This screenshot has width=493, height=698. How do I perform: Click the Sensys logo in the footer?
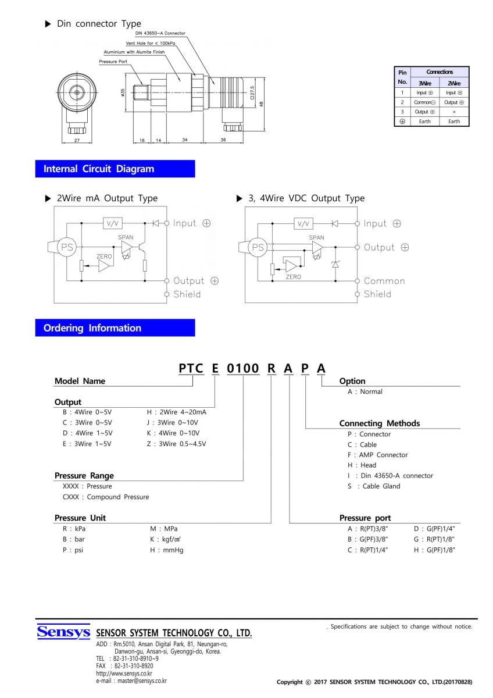click(x=63, y=632)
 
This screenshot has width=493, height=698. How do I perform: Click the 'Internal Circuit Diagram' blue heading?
click(x=115, y=169)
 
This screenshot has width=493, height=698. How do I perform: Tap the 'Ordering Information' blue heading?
click(x=115, y=327)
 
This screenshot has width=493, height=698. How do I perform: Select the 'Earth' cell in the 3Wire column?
click(x=424, y=121)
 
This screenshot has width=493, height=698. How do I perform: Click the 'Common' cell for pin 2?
click(x=424, y=102)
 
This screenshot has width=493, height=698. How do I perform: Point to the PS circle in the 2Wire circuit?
click(x=67, y=247)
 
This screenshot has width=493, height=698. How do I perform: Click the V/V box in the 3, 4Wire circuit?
click(x=303, y=223)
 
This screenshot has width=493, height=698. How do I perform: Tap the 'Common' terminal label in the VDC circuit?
click(x=384, y=281)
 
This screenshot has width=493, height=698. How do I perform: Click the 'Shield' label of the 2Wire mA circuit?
click(x=187, y=294)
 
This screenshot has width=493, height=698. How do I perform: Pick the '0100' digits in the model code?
click(x=243, y=368)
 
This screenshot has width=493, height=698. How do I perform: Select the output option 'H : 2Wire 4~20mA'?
click(x=177, y=412)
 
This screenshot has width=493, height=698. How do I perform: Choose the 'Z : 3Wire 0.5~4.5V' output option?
click(x=177, y=444)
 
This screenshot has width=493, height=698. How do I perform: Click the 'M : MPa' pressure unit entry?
click(x=164, y=529)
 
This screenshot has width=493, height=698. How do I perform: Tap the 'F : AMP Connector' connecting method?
click(x=377, y=455)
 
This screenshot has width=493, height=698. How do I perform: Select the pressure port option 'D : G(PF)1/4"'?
click(x=434, y=529)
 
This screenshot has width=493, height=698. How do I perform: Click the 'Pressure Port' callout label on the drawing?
click(x=113, y=62)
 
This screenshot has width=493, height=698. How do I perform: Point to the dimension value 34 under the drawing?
click(x=185, y=140)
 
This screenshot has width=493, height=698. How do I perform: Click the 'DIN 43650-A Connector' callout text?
click(x=160, y=33)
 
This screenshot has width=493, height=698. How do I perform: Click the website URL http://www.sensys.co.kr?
click(x=124, y=674)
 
